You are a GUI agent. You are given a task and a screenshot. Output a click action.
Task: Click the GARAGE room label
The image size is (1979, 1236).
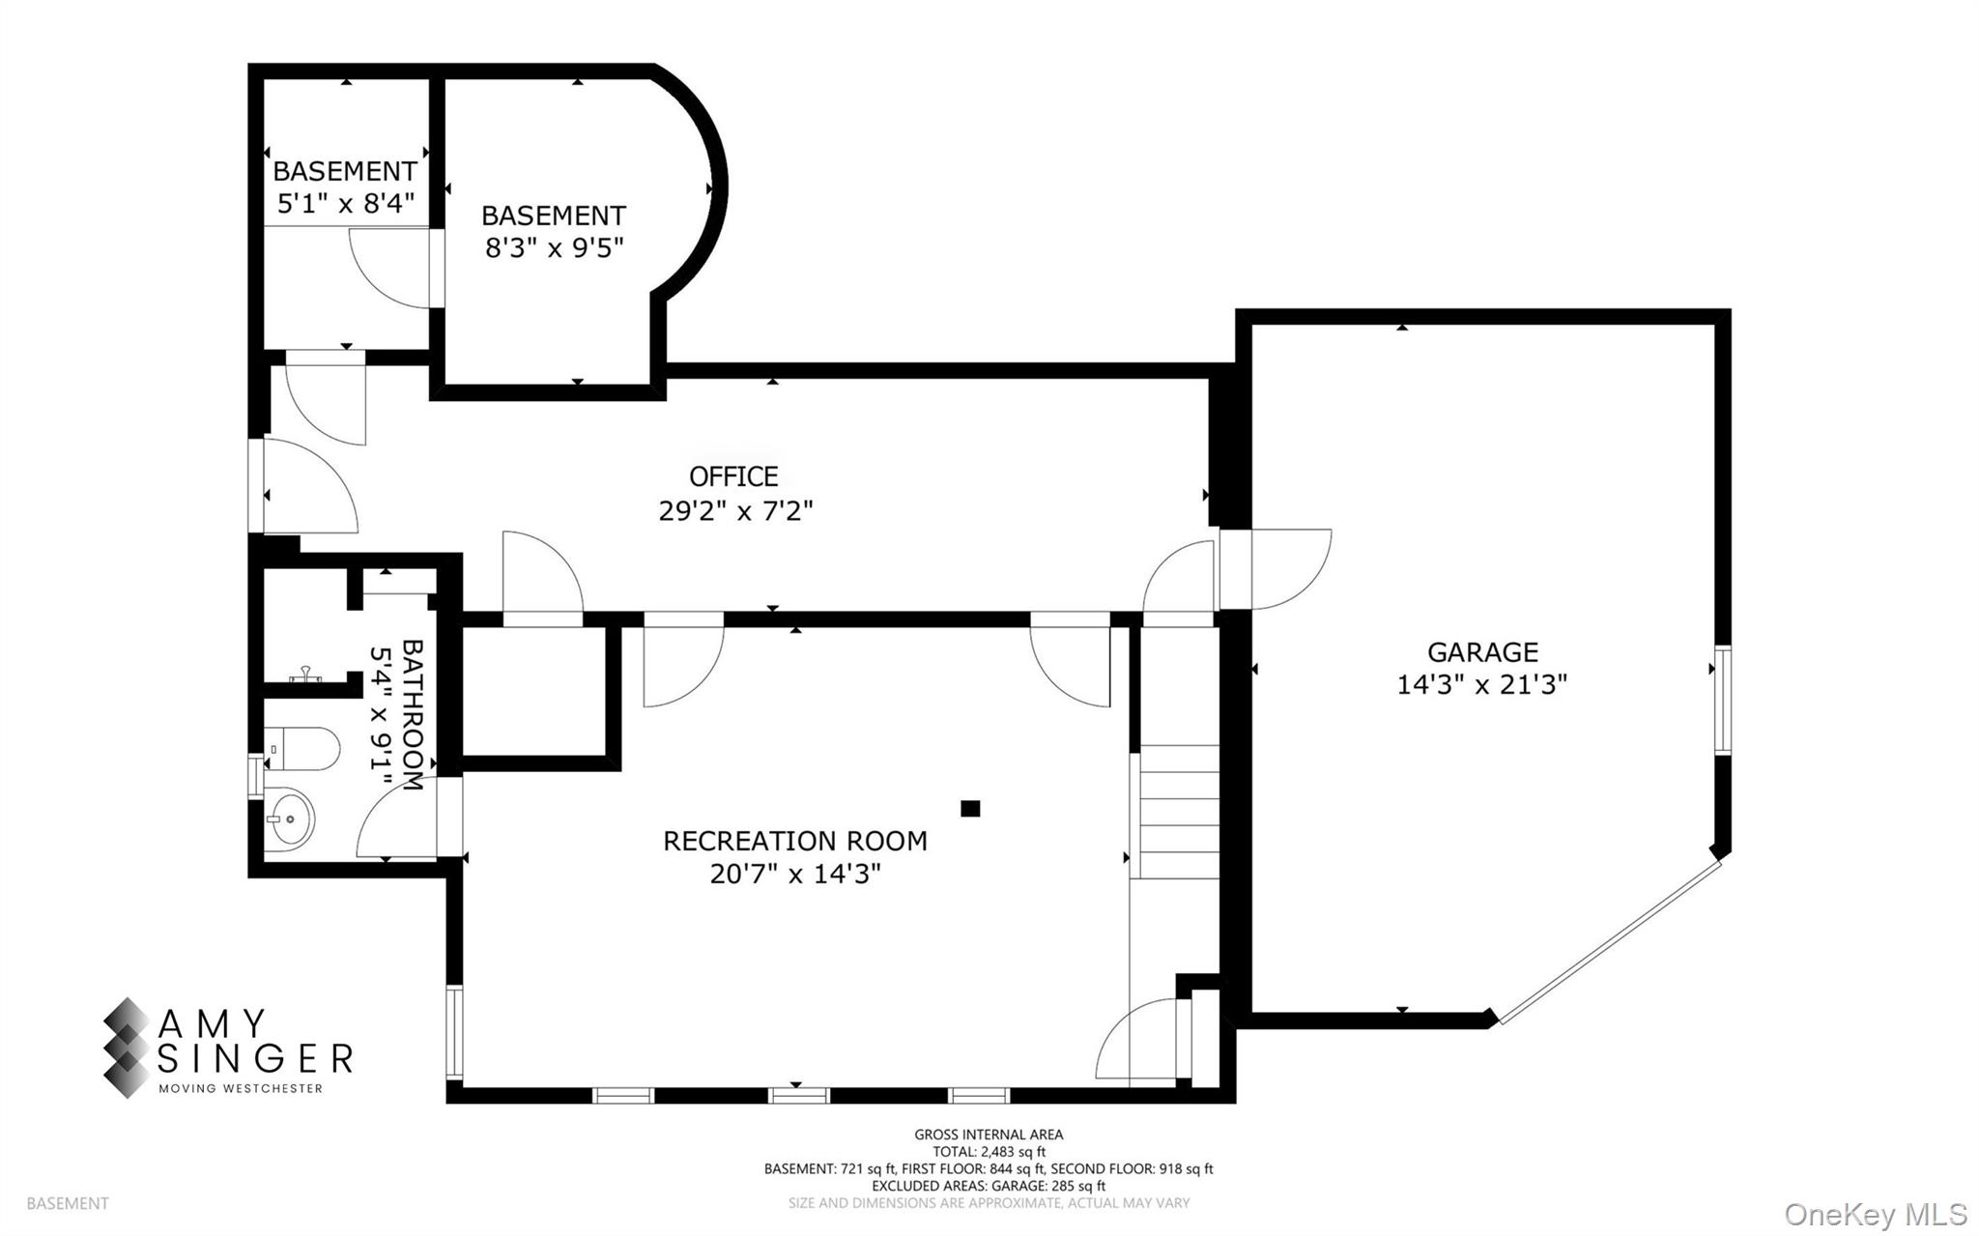pyautogui.click(x=1482, y=652)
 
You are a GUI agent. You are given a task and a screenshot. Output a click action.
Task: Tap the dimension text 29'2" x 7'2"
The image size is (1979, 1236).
pyautogui.click(x=735, y=511)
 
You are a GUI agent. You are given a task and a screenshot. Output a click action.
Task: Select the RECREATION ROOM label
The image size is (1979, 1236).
pyautogui.click(x=794, y=841)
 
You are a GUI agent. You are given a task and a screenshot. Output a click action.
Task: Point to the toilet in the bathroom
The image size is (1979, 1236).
pyautogui.click(x=301, y=749)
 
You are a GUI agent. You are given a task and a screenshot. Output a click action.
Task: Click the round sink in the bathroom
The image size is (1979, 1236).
pyautogui.click(x=289, y=818)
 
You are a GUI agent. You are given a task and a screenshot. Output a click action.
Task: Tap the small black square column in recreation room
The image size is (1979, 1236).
pyautogui.click(x=970, y=809)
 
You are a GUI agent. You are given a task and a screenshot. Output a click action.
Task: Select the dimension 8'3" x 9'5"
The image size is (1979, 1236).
pyautogui.click(x=554, y=248)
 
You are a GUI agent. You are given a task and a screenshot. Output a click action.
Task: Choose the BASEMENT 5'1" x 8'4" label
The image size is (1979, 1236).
pyautogui.click(x=345, y=187)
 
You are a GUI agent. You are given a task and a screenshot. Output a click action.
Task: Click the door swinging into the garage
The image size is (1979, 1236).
pyautogui.click(x=1290, y=570)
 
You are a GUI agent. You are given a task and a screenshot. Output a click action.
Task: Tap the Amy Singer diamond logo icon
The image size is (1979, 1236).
pyautogui.click(x=127, y=1048)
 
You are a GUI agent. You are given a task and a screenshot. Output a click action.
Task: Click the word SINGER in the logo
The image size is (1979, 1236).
pyautogui.click(x=255, y=1059)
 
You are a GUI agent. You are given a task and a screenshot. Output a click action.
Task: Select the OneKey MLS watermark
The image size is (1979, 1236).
pyautogui.click(x=1875, y=1214)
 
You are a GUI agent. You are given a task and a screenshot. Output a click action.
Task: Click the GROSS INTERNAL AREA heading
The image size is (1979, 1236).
pyautogui.click(x=989, y=1135)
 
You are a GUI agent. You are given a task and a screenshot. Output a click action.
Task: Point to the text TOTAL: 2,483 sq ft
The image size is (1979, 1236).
pyautogui.click(x=989, y=1152)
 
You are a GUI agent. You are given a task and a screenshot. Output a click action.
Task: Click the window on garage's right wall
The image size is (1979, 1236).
pyautogui.click(x=1722, y=700)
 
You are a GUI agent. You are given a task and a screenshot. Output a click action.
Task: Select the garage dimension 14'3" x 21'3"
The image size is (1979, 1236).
pyautogui.click(x=1481, y=685)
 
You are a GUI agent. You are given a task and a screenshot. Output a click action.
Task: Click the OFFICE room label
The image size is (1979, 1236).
pyautogui.click(x=733, y=476)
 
